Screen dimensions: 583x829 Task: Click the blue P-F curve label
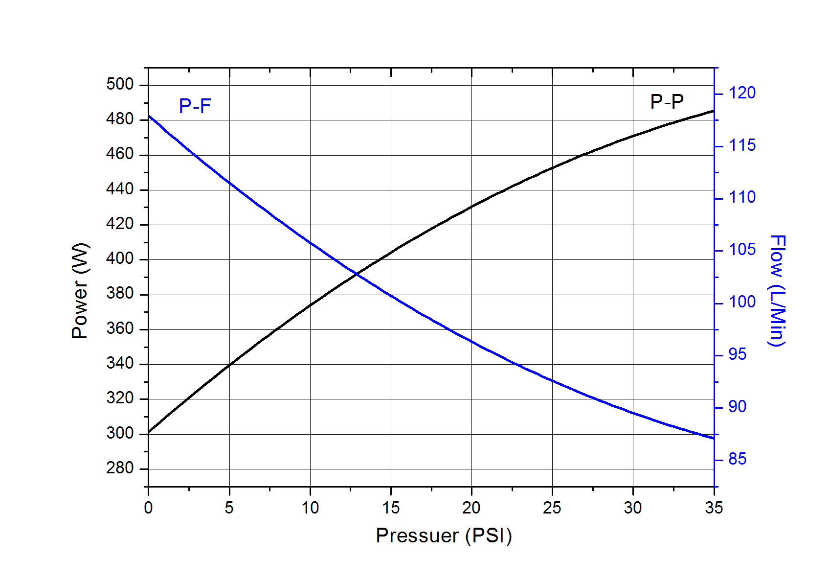(x=195, y=106)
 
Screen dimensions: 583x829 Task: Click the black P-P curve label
(x=667, y=102)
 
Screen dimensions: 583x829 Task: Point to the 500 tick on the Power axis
(x=120, y=84)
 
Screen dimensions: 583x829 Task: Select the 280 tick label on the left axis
(x=120, y=468)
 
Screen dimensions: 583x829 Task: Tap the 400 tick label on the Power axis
(x=120, y=258)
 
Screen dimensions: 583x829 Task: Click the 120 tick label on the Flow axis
(x=742, y=93)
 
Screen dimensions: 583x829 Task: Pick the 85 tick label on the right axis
(x=738, y=459)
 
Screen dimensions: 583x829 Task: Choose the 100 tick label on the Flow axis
(x=742, y=302)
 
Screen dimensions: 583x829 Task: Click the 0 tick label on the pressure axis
(x=148, y=508)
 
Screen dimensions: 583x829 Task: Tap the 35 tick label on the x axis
(x=714, y=508)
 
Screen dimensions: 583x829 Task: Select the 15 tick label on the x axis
(x=391, y=508)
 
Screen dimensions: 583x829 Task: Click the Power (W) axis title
(x=80, y=291)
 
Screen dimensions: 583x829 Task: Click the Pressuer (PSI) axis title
(x=444, y=536)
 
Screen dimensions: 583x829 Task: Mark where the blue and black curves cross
(x=357, y=275)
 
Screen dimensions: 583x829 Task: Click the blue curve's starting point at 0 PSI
(x=149, y=116)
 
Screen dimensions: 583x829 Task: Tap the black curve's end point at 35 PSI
(x=714, y=111)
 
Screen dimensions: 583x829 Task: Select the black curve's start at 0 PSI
(x=149, y=432)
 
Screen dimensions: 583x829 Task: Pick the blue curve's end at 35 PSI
(x=714, y=438)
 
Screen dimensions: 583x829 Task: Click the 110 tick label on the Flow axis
(x=742, y=197)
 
